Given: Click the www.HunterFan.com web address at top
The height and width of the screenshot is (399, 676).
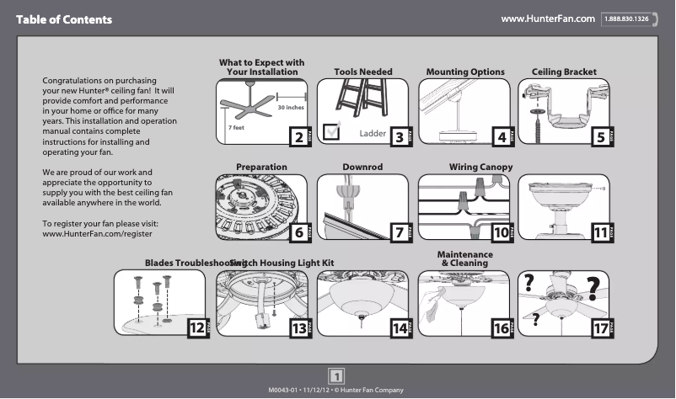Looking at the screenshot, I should pyautogui.click(x=549, y=19).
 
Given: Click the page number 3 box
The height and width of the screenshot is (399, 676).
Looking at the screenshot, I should pyautogui.click(x=400, y=136).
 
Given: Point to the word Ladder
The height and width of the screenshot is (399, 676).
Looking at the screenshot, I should pyautogui.click(x=372, y=134).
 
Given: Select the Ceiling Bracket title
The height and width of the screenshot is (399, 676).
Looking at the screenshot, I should pyautogui.click(x=564, y=72).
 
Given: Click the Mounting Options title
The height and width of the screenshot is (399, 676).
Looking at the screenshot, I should pyautogui.click(x=465, y=72).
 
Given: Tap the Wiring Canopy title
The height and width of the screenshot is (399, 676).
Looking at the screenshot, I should pyautogui.click(x=480, y=168).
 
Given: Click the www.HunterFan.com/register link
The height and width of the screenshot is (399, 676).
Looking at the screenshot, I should pyautogui.click(x=97, y=233).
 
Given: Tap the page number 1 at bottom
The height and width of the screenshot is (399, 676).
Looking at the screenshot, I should pyautogui.click(x=337, y=375).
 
